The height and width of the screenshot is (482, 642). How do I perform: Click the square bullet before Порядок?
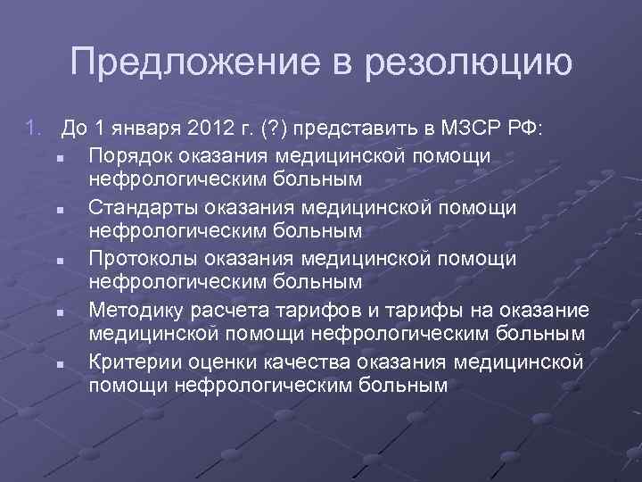point(56,158)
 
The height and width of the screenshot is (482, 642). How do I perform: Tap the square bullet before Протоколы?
point(56,262)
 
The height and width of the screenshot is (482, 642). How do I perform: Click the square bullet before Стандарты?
point(56,210)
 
